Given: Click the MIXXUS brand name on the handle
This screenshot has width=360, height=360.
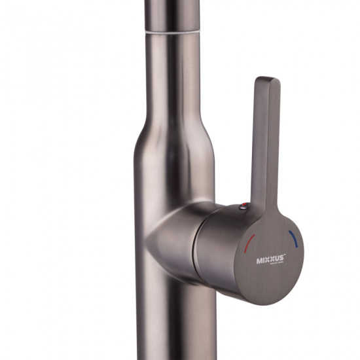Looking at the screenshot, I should (270, 259).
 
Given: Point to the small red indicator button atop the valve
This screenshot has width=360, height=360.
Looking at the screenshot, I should (243, 207).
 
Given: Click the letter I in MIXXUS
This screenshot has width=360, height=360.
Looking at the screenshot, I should (262, 260).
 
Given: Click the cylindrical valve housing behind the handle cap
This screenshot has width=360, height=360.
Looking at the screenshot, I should (216, 242).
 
